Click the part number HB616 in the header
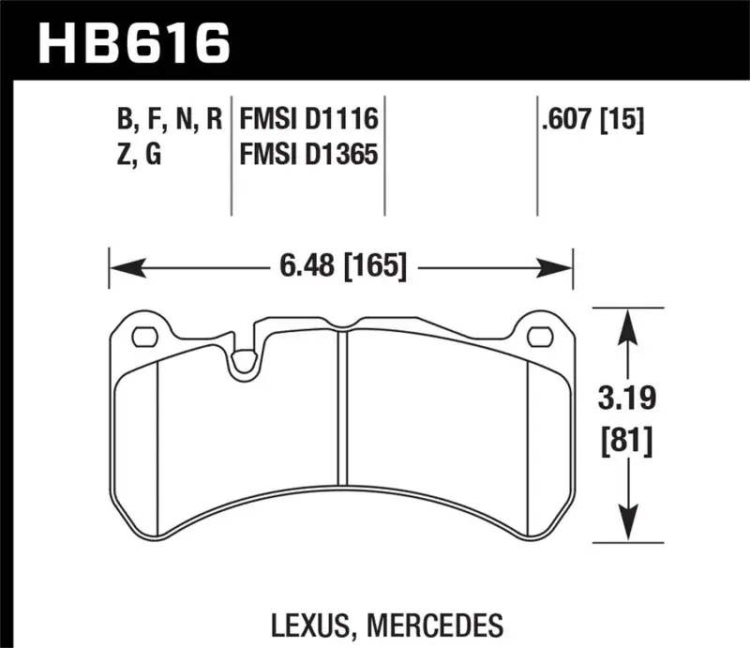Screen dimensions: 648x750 131,42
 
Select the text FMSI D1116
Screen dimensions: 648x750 308,120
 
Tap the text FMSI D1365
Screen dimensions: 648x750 308,153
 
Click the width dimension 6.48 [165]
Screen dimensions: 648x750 342,267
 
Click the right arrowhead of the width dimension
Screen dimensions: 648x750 561,268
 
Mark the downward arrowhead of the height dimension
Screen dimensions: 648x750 628,530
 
